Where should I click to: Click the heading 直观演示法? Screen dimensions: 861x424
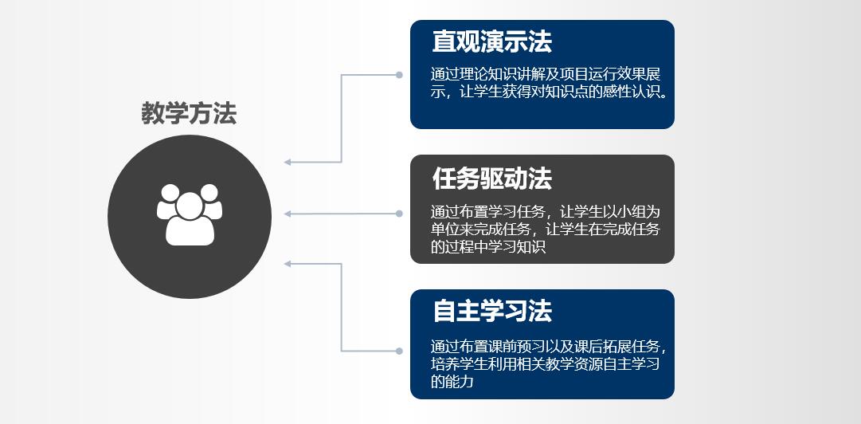(491, 41)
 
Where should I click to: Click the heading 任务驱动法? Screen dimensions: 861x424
(491, 179)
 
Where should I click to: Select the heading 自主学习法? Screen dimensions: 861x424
(491, 311)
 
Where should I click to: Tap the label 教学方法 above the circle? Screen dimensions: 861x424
(189, 114)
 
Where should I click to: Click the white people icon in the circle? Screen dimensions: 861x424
(189, 214)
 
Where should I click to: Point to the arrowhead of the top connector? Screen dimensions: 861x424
(288, 163)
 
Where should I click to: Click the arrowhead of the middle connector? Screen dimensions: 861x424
(288, 214)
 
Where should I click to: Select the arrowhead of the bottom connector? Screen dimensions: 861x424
(288, 264)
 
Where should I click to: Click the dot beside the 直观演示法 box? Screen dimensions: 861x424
(399, 75)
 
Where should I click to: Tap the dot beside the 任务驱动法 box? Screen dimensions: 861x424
(399, 214)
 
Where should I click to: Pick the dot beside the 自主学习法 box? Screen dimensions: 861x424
(399, 350)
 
